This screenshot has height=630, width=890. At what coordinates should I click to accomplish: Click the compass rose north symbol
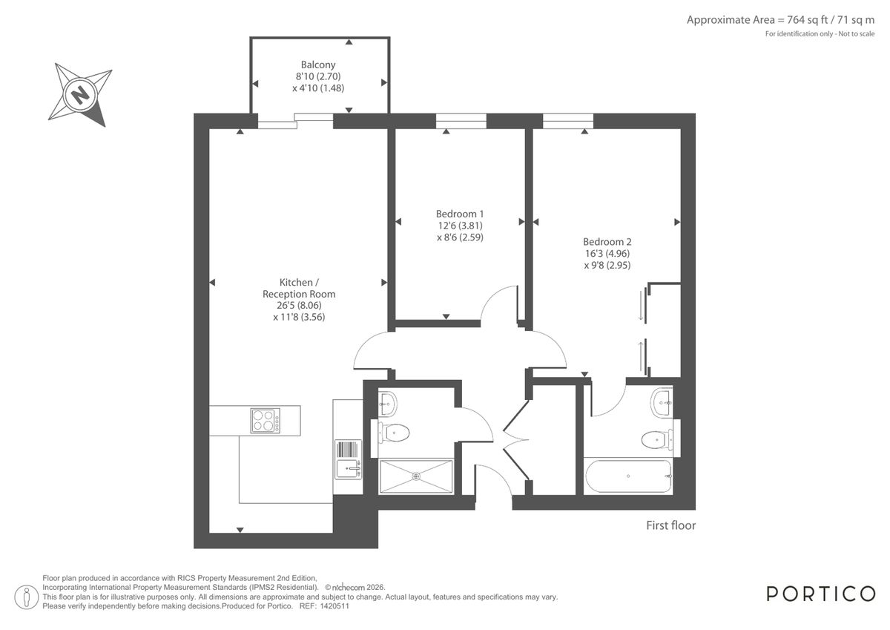[x=79, y=94]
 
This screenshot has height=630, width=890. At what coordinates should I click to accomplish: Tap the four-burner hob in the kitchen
[x=266, y=421]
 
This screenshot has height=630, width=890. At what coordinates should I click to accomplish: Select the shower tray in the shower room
[x=415, y=476]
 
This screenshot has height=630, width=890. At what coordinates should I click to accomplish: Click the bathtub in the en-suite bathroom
[x=627, y=476]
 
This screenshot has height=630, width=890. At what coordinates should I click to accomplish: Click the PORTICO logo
[x=820, y=594]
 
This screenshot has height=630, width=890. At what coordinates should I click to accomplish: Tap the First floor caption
[x=670, y=525]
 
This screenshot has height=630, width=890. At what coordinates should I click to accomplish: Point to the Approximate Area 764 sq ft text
[x=780, y=20]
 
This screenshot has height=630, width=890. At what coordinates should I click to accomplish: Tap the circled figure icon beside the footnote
[x=27, y=595]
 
